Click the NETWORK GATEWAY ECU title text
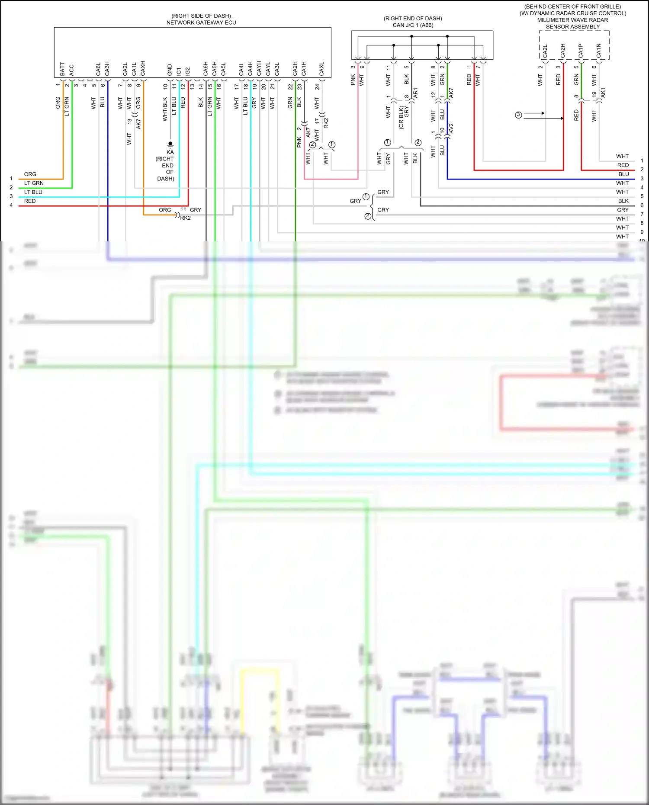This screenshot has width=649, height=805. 201,22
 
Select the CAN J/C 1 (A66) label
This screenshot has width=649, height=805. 413,25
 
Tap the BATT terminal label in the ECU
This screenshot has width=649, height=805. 62,69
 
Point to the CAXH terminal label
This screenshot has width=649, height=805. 143,68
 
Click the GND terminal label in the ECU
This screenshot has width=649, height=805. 170,70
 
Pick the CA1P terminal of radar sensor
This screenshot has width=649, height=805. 581,51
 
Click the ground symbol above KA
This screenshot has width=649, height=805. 170,144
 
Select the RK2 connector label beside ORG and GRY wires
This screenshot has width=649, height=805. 185,218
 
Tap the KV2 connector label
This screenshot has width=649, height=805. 451,128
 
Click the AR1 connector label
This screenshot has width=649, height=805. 415,92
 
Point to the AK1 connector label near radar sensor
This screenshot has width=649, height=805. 603,92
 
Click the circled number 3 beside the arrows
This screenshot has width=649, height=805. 518,115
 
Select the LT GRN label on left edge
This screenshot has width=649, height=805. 34,183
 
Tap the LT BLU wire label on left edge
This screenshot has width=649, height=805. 33,192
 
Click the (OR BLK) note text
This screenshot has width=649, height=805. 401,117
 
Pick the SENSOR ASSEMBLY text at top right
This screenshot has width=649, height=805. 572,27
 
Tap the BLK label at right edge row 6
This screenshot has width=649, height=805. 623,201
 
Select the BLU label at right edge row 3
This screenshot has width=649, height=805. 623,174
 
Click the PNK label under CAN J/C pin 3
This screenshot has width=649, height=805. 353,80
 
